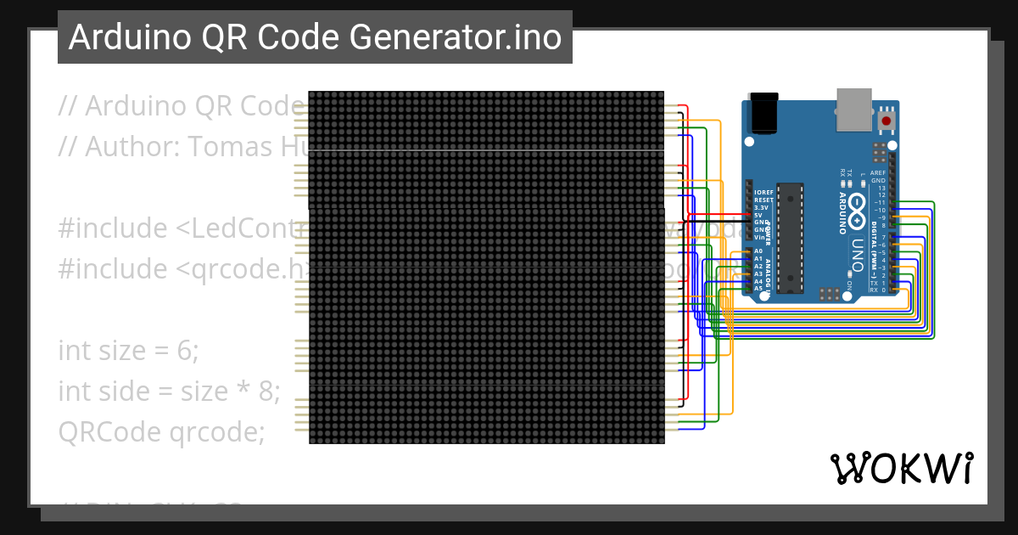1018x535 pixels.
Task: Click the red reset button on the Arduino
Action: (887, 121)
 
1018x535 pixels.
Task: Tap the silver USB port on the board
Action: (853, 109)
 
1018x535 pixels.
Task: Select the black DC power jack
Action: (764, 114)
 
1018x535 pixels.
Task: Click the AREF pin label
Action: (878, 172)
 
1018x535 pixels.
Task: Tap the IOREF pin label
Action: (763, 193)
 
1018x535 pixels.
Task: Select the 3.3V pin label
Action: (761, 207)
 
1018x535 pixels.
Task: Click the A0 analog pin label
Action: (758, 251)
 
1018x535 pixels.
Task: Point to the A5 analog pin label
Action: (758, 289)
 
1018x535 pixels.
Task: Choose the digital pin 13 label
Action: (881, 188)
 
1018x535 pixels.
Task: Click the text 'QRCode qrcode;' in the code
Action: (161, 431)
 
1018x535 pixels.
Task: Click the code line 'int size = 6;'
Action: (128, 350)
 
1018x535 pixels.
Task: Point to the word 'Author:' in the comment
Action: (131, 147)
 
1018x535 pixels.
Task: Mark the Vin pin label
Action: (760, 237)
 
